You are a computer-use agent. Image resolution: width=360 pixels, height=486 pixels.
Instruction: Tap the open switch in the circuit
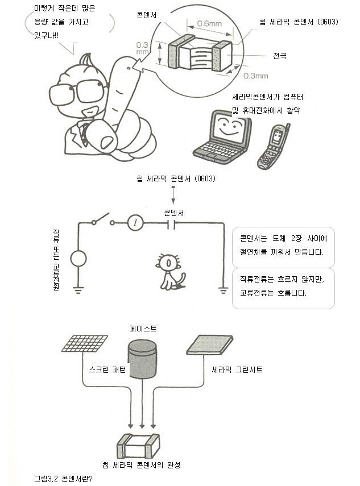(102, 219)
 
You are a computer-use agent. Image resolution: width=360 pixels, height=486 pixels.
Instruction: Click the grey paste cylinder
(142, 359)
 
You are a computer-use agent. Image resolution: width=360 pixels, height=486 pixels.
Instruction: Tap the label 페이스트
(143, 329)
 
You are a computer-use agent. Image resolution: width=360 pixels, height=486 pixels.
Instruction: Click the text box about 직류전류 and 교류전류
(283, 288)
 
